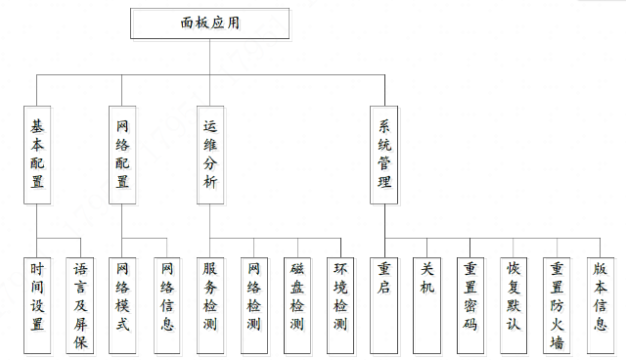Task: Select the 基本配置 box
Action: (37, 155)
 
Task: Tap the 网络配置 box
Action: (122, 155)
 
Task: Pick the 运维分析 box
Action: (210, 155)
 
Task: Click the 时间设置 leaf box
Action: (37, 305)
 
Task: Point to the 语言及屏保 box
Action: (80, 305)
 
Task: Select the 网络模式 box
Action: (122, 305)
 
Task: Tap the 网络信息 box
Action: (165, 305)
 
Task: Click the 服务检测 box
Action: (210, 305)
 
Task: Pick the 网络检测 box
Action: (253, 305)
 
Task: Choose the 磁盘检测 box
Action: (296, 305)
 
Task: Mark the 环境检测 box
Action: (339, 305)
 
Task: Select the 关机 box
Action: (426, 305)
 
